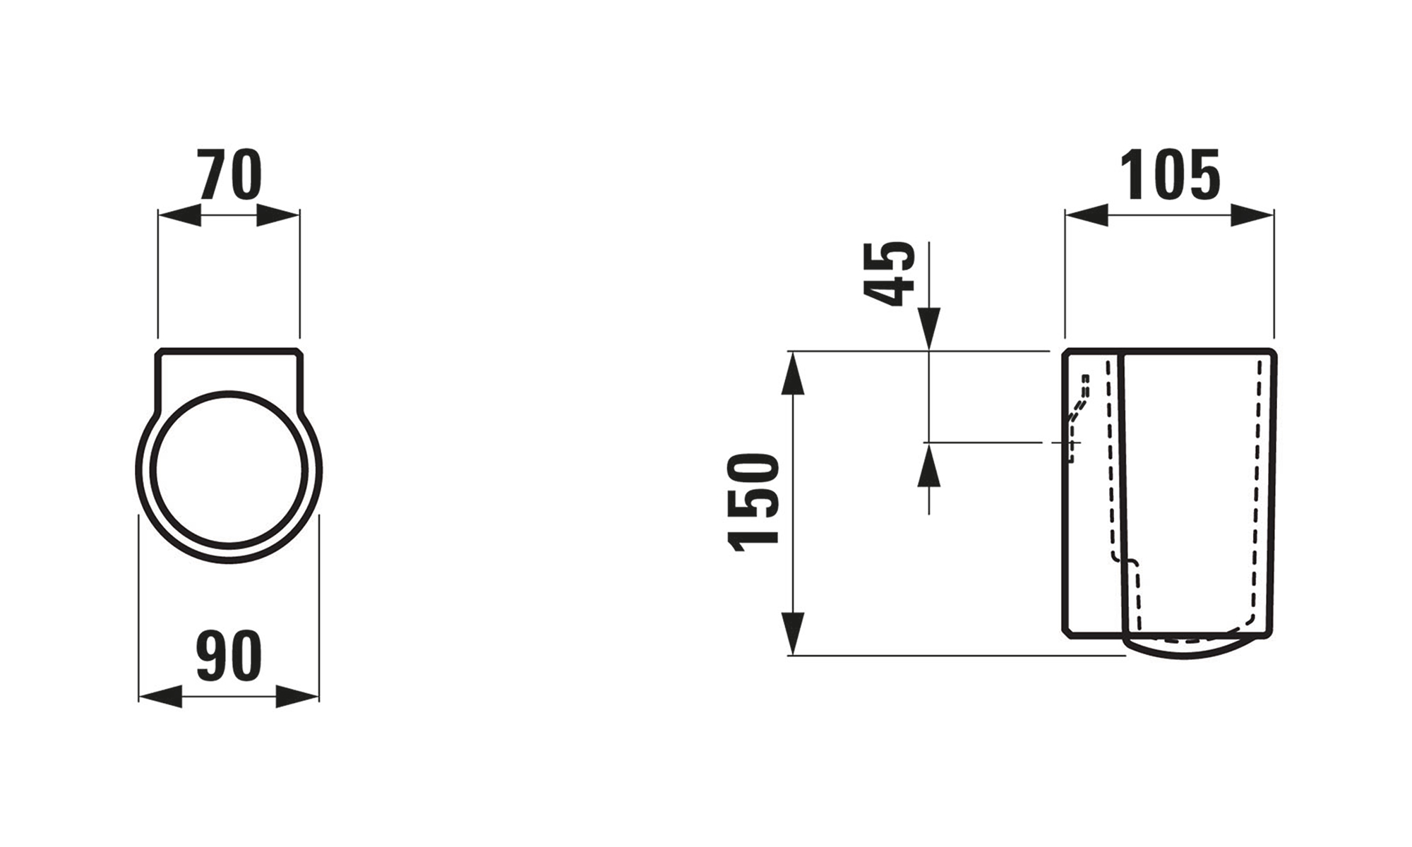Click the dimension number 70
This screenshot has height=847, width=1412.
click(230, 174)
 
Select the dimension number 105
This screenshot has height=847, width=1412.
click(1170, 174)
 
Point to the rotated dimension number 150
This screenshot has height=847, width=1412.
click(754, 502)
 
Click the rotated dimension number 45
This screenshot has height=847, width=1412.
click(889, 273)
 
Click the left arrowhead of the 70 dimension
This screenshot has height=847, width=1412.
click(179, 216)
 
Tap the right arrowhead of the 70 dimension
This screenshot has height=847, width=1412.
click(278, 216)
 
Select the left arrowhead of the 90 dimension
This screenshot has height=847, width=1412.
click(160, 697)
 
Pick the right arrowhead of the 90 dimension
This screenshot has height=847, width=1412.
click(297, 697)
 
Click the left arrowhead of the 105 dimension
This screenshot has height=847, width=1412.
click(1087, 216)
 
